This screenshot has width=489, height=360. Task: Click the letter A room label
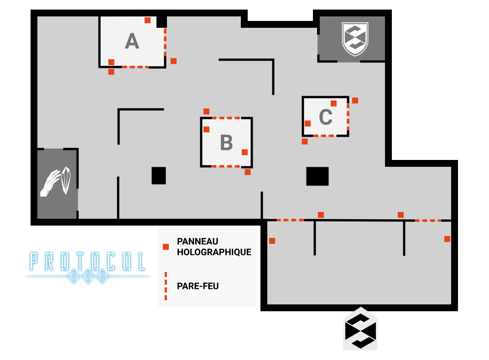pos(132,42)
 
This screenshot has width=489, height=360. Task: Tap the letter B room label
pos(226,143)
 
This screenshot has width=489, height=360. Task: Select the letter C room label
pos(325,117)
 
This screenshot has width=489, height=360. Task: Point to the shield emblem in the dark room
pos(355,38)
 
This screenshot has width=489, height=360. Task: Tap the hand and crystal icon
pos(57,182)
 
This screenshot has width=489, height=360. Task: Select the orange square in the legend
pos(166,247)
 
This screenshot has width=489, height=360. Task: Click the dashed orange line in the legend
pos(166,286)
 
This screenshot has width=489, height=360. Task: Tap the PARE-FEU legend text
pos(198,286)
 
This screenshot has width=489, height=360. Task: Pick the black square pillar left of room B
pos(159,175)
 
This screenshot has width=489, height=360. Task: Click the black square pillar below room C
pos(317,176)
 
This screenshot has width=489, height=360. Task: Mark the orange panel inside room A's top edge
pos(147,20)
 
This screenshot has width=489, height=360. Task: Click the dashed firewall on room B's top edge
pos(226,118)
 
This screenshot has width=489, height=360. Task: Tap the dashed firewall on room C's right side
pos(348,117)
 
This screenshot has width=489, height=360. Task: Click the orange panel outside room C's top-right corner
pos(355,100)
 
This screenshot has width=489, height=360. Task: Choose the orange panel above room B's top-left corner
pos(206,111)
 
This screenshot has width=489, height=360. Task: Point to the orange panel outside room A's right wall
pos(173,61)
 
